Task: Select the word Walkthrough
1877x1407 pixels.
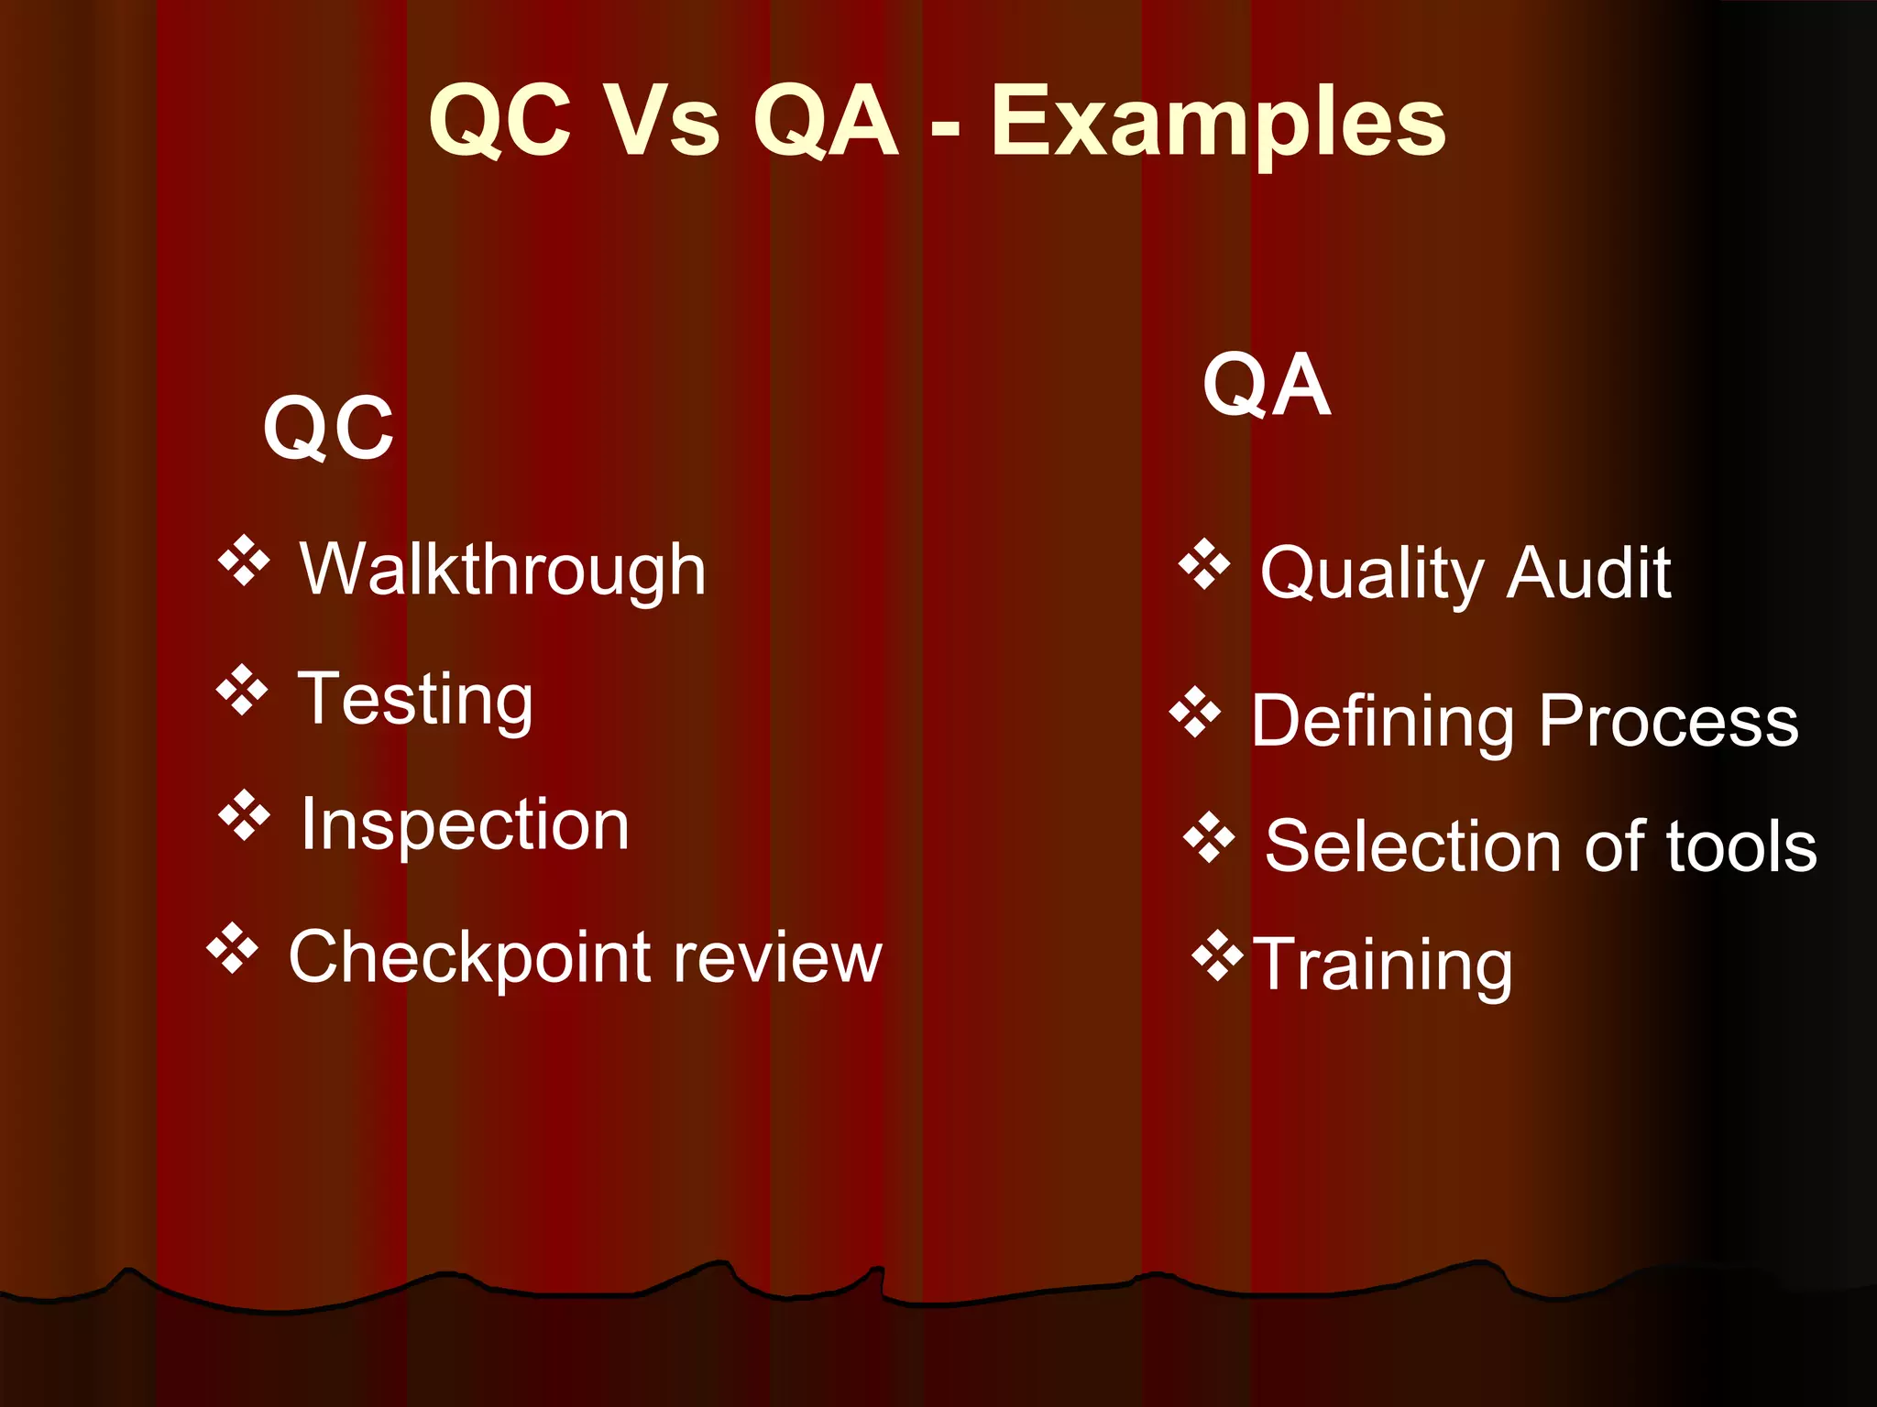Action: point(502,570)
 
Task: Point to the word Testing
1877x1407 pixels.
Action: point(414,699)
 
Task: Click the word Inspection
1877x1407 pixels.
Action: point(465,824)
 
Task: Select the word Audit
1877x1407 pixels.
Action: point(1589,573)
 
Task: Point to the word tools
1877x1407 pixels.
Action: point(1740,846)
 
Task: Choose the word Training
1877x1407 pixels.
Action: point(1382,964)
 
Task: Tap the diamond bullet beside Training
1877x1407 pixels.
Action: point(1217,955)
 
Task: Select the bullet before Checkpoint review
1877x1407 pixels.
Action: point(233,948)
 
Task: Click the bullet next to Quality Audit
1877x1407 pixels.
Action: point(1203,563)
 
